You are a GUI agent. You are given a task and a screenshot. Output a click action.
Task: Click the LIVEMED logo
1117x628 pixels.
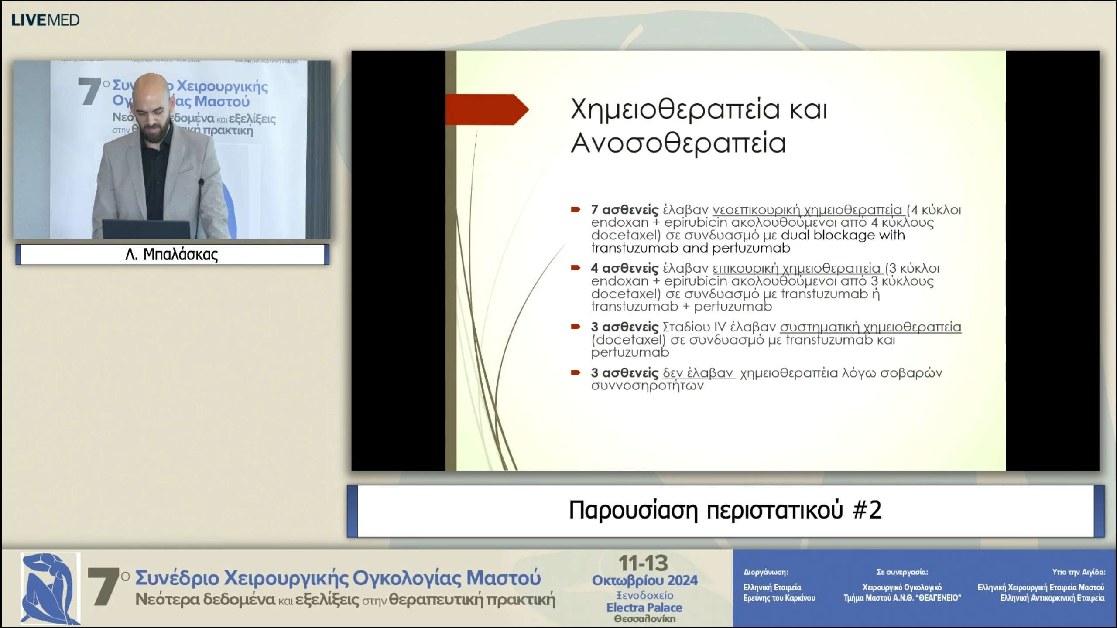pos(45,20)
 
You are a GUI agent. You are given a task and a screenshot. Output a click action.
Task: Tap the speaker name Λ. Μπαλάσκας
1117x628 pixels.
pos(171,254)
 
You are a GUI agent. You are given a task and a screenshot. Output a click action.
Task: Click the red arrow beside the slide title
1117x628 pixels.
pos(487,109)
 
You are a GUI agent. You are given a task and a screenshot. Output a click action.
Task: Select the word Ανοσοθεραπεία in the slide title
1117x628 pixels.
pos(678,143)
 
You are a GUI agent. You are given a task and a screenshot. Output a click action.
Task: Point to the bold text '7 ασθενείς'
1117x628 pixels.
pos(624,210)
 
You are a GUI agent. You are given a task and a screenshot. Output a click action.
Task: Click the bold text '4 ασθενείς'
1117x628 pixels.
pos(624,268)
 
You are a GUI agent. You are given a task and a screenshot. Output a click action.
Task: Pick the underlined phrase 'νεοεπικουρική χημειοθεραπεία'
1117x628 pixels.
pos(807,210)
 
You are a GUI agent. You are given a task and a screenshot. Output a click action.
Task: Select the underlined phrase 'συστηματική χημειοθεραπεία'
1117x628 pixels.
pos(870,327)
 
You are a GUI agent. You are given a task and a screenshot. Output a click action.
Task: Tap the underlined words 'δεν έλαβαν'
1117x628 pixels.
pos(698,373)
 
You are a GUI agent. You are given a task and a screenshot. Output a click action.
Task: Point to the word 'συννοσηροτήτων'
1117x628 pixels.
pos(647,386)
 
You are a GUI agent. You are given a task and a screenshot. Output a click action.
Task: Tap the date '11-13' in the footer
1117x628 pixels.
pos(643,564)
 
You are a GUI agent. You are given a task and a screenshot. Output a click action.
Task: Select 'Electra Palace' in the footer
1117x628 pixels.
pos(644,608)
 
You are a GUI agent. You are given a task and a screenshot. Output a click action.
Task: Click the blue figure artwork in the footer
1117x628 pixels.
pos(51,588)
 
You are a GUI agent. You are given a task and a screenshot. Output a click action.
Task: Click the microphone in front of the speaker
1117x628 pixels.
pos(201,182)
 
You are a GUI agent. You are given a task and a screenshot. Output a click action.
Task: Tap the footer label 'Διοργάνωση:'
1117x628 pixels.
pos(766,572)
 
